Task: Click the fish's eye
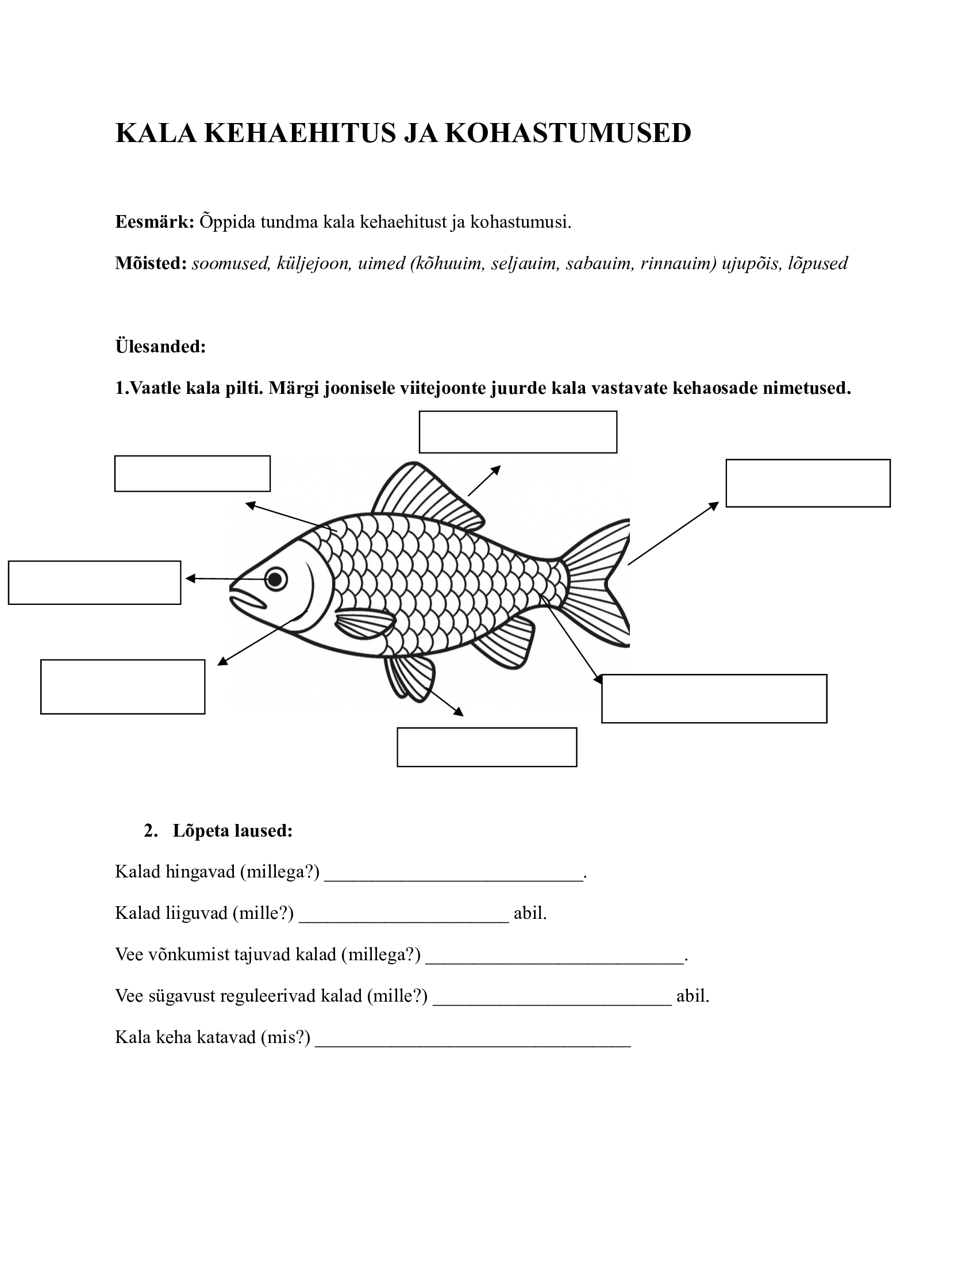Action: [276, 578]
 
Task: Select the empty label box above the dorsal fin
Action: [517, 432]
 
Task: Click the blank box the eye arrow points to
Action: [94, 582]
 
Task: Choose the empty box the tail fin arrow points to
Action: [807, 483]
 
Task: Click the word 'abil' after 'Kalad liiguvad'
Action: [529, 914]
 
